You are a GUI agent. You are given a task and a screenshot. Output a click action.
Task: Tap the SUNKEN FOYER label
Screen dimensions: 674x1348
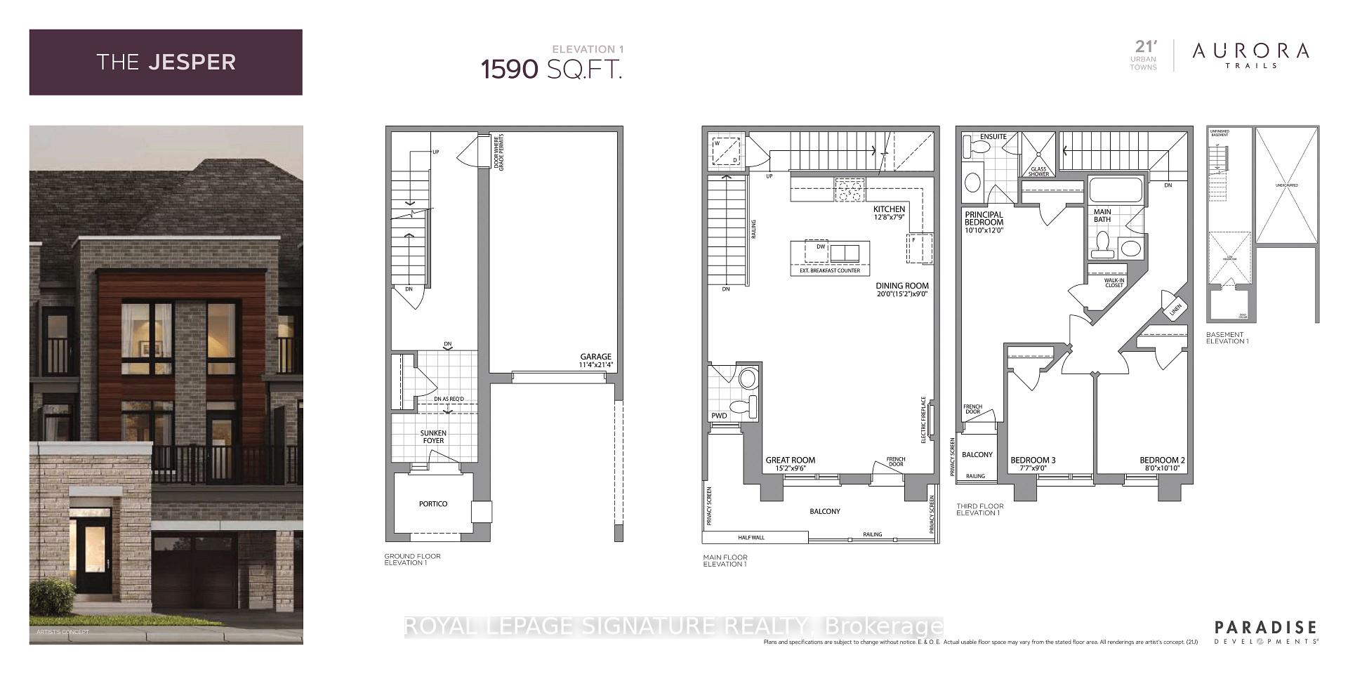tap(433, 437)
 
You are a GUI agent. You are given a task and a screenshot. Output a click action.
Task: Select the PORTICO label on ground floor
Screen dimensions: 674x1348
tap(433, 504)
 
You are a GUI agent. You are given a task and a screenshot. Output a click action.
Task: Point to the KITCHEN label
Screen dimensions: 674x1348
tap(889, 209)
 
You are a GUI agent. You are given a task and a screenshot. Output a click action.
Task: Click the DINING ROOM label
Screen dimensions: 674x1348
tap(902, 286)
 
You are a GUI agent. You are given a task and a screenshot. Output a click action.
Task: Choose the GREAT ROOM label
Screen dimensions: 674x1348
tap(790, 461)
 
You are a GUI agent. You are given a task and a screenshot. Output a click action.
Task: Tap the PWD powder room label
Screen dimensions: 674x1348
tap(719, 416)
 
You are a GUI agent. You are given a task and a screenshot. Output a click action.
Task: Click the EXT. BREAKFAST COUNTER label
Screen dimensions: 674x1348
tap(829, 270)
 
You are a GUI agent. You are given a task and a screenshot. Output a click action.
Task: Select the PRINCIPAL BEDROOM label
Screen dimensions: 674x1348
tap(984, 219)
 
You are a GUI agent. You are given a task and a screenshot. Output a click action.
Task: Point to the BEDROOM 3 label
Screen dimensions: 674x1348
tap(1033, 461)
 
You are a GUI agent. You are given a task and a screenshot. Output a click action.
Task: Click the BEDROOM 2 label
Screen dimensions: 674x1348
tap(1162, 461)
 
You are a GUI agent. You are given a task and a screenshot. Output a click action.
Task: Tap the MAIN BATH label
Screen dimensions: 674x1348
tap(1102, 216)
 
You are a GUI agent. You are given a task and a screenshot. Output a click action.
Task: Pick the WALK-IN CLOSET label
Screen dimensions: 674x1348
tap(1114, 283)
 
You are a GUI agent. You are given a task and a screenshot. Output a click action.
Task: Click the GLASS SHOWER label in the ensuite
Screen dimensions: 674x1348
tap(1038, 171)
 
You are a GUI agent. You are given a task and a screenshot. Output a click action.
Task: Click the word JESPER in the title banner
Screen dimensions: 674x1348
tap(192, 62)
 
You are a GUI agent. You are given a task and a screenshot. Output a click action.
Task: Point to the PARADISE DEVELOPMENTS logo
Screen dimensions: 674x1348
tap(1265, 632)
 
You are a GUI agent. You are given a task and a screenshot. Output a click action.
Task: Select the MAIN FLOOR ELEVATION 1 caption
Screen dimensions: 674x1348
tap(725, 560)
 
